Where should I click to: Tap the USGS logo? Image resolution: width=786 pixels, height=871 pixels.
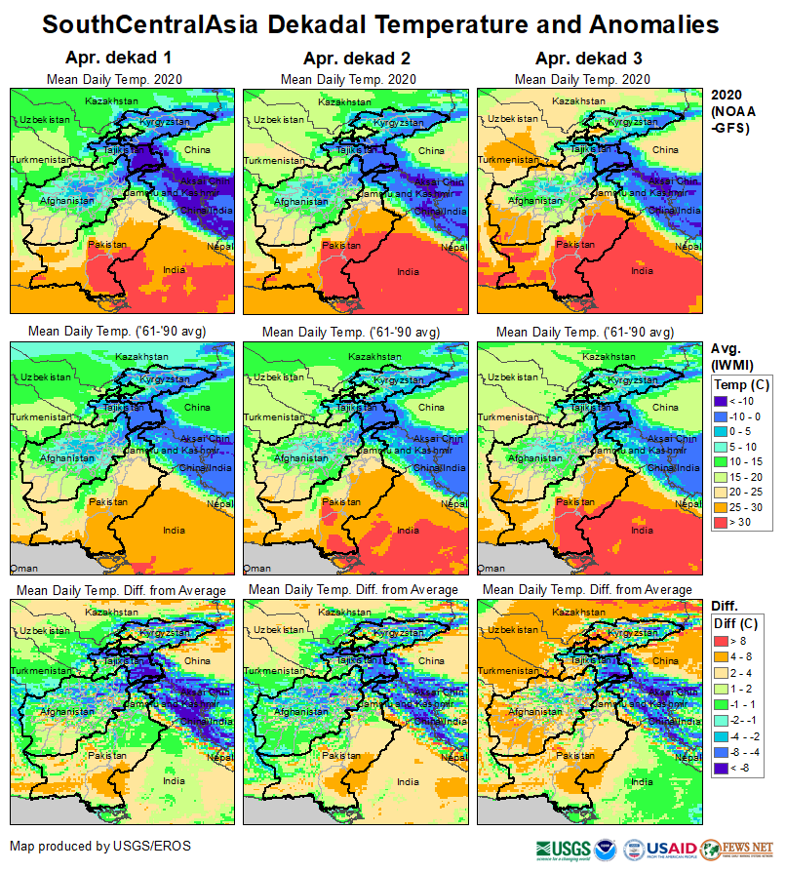pos(563,848)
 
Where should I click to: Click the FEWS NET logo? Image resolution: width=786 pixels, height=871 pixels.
pos(750,848)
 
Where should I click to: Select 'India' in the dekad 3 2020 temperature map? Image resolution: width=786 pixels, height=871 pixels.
pos(641,270)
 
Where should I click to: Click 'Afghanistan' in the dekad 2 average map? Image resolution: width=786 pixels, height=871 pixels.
pos(300,456)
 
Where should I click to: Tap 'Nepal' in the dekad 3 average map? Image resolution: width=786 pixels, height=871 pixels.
pos(688,504)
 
